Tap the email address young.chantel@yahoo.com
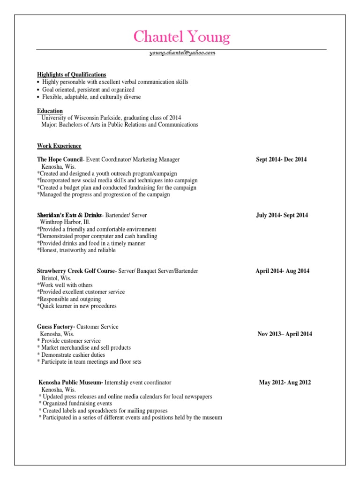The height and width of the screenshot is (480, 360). [x=182, y=53]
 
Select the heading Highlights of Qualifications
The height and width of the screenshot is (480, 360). [x=72, y=75]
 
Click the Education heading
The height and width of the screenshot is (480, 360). [x=50, y=111]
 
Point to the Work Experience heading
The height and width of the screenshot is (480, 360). [x=59, y=146]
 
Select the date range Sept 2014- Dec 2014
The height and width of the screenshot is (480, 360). [x=281, y=159]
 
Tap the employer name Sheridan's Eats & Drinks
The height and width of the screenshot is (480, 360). [x=69, y=215]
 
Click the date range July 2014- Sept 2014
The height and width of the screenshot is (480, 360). [x=282, y=215]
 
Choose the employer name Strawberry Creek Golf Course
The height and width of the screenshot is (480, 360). [x=76, y=271]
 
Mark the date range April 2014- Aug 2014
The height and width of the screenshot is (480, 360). [x=282, y=271]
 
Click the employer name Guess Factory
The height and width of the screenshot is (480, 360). [x=56, y=327]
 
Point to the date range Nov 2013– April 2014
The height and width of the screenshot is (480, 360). [x=285, y=334]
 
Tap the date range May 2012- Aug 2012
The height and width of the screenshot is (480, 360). [x=285, y=382]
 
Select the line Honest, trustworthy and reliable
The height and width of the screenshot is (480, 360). [x=76, y=250]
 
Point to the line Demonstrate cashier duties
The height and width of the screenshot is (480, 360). [x=73, y=355]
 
